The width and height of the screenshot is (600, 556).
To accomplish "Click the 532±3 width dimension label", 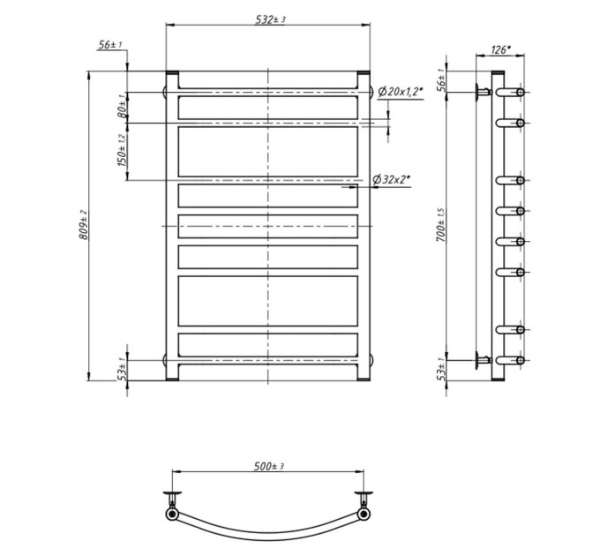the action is tap(270, 19).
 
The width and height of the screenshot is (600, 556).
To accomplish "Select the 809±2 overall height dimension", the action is tap(84, 225).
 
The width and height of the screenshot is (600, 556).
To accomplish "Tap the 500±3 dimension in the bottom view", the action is tap(269, 467).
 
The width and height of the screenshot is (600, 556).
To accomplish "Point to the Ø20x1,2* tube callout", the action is tap(401, 92).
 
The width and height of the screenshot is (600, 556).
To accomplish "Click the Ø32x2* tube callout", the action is tap(391, 179).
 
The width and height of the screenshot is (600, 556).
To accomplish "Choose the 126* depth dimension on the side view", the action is tap(500, 50).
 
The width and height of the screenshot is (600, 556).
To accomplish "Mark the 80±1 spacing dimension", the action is tap(122, 107).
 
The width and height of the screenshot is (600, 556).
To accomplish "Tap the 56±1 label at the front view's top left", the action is tap(110, 45).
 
